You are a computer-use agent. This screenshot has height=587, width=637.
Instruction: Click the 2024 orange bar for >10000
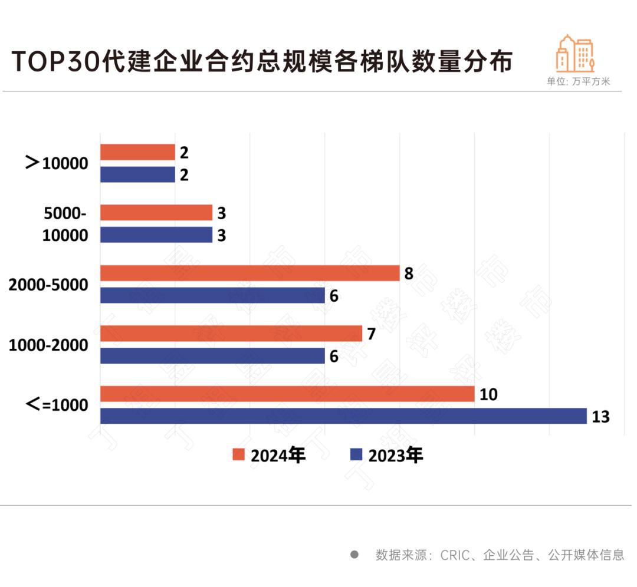(137, 152)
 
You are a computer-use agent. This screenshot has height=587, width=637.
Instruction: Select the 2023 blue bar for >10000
(137, 174)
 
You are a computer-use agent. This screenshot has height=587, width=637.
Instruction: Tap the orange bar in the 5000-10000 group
(156, 213)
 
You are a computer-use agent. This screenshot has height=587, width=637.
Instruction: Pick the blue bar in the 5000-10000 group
(156, 235)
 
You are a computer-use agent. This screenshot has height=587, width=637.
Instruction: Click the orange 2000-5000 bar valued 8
(249, 273)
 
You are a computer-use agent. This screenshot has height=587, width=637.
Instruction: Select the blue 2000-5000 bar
(212, 295)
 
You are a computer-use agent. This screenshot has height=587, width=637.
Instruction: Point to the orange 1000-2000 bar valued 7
(231, 334)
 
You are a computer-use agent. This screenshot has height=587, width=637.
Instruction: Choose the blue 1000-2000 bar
(212, 356)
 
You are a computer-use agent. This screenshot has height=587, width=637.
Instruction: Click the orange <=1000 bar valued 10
(287, 394)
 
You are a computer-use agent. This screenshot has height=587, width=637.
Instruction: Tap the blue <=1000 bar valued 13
(343, 416)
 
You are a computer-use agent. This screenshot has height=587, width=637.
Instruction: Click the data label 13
(600, 417)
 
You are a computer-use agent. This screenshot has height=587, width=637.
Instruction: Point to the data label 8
(409, 274)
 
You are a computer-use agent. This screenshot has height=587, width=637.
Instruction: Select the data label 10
(488, 394)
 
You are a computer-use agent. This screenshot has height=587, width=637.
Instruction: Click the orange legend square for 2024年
(238, 455)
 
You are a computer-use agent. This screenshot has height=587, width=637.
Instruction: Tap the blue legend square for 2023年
(356, 455)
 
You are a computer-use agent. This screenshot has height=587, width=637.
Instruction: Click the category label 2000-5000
(48, 285)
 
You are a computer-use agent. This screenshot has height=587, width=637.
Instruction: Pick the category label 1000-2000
(48, 345)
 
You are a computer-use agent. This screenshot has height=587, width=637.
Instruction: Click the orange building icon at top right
(575, 54)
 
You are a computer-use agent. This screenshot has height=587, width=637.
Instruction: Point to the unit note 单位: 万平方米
(578, 82)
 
